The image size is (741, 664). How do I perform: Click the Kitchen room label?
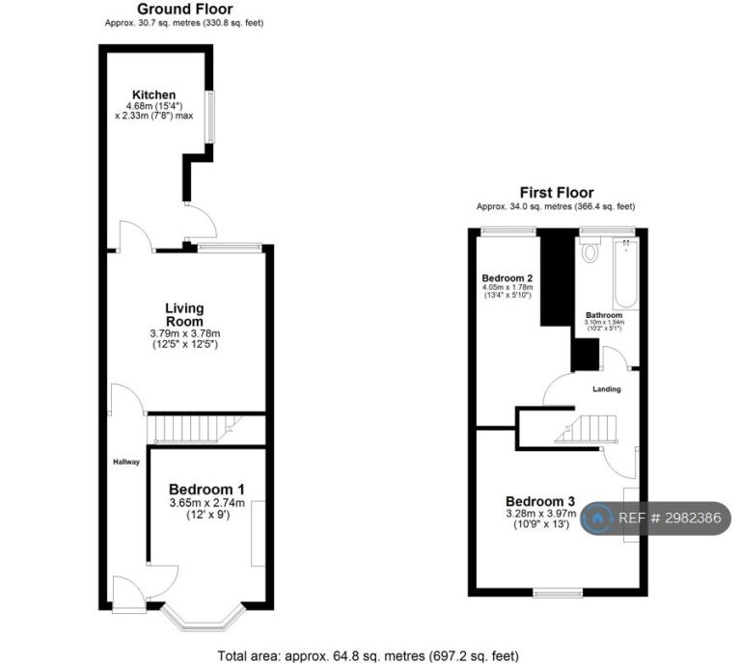pos(153,94)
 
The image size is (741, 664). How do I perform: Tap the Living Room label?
pos(184,315)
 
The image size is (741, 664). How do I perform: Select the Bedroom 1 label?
pos(206,490)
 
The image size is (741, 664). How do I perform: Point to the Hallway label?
pos(126,462)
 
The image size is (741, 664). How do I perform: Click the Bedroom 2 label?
pos(508,278)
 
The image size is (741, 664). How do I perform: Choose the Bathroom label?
pos(604,315)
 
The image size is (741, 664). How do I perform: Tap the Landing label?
pos(607,389)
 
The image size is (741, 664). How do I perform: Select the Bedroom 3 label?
pos(540,501)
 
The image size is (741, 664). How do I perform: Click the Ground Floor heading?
pos(185,9)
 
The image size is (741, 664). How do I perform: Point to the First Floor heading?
pos(557,192)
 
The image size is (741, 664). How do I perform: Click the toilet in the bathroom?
pos(590,249)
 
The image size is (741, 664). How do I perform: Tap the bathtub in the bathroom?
pos(626,274)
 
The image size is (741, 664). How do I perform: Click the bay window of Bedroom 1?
pos(204,618)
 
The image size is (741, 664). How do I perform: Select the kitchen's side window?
pos(208,117)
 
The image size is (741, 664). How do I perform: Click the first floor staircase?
pos(586,429)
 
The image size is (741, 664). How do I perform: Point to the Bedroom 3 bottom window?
pos(558,593)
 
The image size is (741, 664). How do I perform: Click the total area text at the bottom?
pos(368,656)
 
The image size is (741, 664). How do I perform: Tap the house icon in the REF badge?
pos(597,518)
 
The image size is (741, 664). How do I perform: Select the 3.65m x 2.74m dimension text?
pos(207,503)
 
